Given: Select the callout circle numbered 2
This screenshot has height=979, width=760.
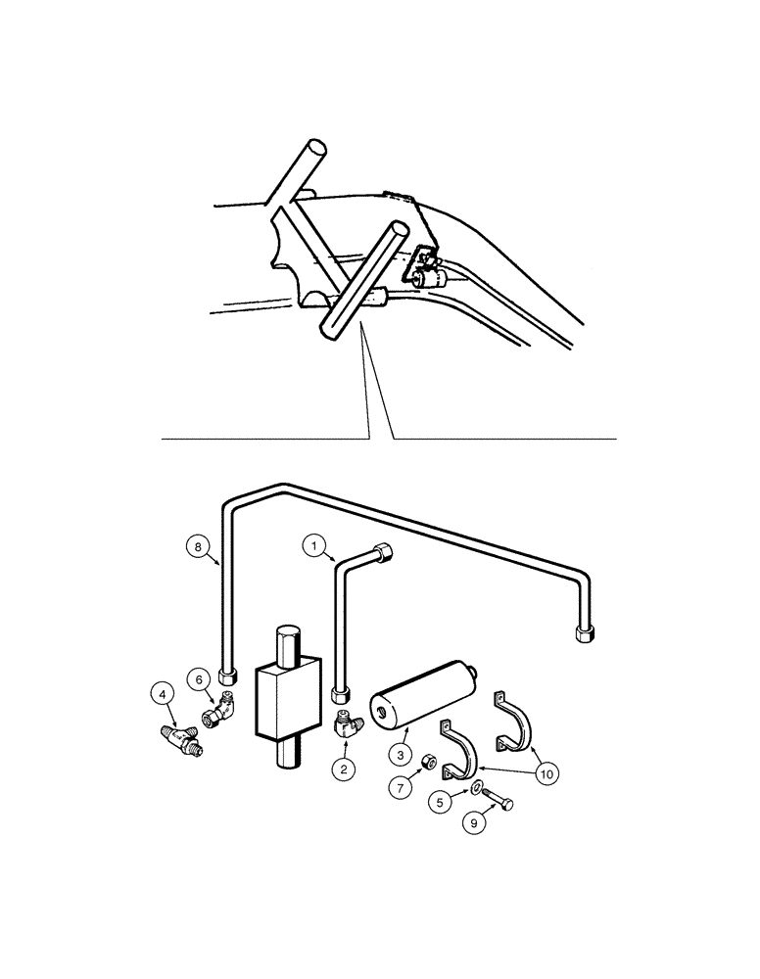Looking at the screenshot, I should click(x=343, y=769).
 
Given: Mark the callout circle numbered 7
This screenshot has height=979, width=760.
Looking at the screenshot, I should click(x=401, y=786).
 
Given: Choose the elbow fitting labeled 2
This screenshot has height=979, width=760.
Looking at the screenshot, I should click(x=346, y=725).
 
